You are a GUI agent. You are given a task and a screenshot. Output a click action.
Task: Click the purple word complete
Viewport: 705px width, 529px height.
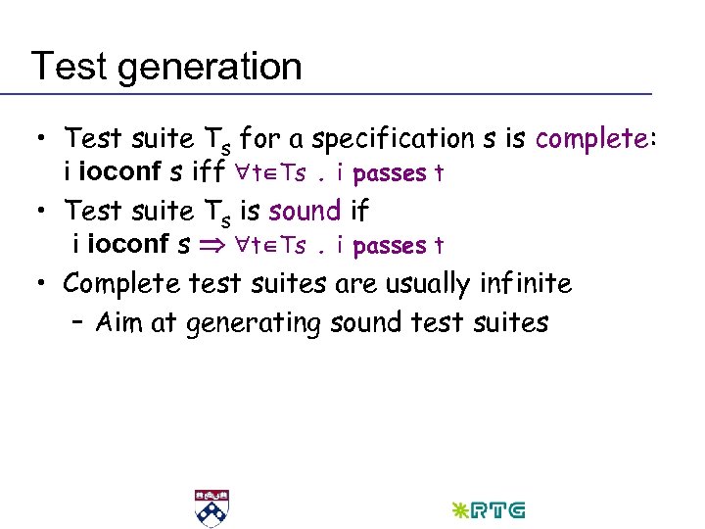coord(589,138)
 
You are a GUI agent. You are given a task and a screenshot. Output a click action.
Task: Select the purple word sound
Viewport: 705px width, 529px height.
coord(305,211)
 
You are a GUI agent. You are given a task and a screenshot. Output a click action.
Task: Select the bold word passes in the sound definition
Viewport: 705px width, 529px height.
coord(389,247)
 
